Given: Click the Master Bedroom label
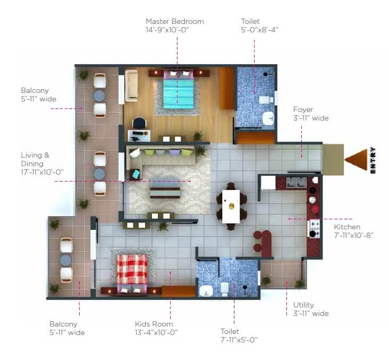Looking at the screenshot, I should click(174, 22).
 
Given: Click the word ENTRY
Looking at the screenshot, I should click(373, 160).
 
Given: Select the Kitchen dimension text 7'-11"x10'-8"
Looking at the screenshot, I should click(354, 235).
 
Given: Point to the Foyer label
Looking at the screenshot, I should click(303, 110).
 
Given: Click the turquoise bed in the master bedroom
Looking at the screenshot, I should click(178, 93).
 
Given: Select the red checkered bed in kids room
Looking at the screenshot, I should click(132, 269).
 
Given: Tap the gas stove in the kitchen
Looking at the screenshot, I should click(314, 228).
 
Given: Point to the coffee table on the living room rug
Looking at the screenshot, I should click(164, 189).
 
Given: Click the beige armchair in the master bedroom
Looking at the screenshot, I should click(131, 86).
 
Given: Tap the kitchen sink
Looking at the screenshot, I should click(296, 183).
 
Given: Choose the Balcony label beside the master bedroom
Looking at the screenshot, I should click(35, 91).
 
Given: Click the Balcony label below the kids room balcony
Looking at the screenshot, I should click(63, 324).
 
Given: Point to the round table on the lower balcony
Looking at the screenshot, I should click(66, 260).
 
